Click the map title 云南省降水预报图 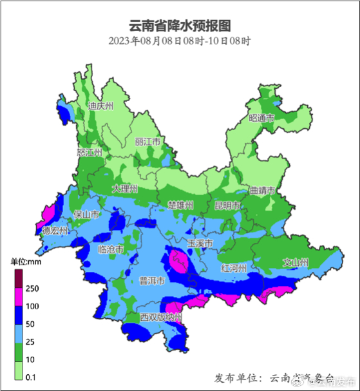click(x=180, y=26)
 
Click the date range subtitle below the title click(x=180, y=41)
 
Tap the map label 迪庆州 click(x=100, y=106)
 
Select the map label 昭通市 click(x=261, y=118)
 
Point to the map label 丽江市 click(x=147, y=142)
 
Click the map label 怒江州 click(x=90, y=153)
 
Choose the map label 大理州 click(x=125, y=189)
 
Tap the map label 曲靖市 click(x=262, y=191)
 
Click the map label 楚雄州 click(x=180, y=205)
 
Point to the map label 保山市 click(x=86, y=214)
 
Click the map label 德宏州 click(x=55, y=230)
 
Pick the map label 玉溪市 click(x=200, y=243)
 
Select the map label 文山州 click(x=296, y=262)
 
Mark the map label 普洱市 click(x=152, y=281)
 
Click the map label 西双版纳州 click(x=161, y=318)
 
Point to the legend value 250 click(x=33, y=288)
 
